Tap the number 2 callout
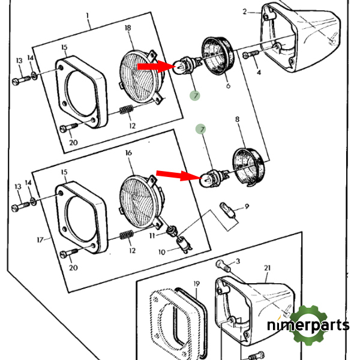point(245,11)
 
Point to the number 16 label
point(128,153)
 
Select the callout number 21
point(268,268)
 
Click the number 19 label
point(196,283)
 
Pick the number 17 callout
point(40,240)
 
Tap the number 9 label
point(246,207)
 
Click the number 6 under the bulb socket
point(227,86)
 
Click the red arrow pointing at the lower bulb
point(177,175)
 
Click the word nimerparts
point(308,326)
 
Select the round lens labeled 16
point(139,200)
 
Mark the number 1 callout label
point(88,14)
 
